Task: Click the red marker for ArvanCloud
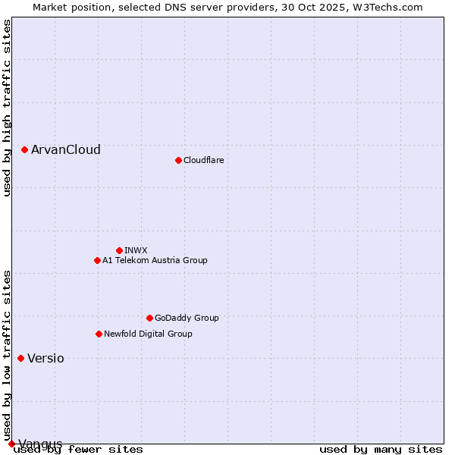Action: tap(24, 149)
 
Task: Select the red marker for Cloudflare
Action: tap(178, 160)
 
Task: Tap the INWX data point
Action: tap(119, 250)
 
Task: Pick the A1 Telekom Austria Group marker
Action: tap(97, 260)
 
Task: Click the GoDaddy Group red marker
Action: tap(149, 318)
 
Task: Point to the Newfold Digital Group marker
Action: tap(99, 334)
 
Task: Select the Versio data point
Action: tap(20, 358)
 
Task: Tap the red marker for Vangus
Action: tap(11, 444)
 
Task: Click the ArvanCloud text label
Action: tap(66, 149)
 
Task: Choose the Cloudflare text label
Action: tap(203, 160)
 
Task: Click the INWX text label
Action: tap(136, 250)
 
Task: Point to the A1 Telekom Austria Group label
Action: tap(155, 260)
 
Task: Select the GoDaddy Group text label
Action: tap(187, 318)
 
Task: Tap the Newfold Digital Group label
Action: tap(148, 334)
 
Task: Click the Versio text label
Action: tap(45, 358)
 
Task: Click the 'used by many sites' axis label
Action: tap(381, 449)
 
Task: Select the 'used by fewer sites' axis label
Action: tap(78, 449)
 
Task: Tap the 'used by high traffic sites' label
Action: tap(7, 108)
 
